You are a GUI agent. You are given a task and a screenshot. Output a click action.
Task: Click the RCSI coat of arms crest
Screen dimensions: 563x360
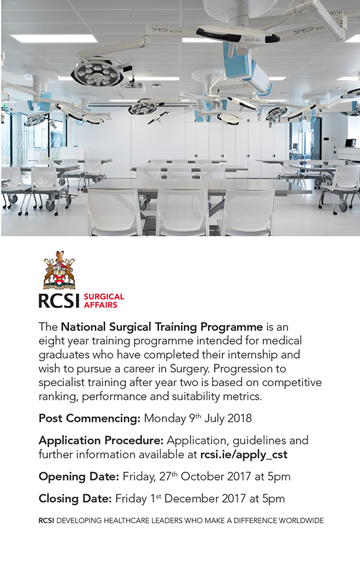click(59, 271)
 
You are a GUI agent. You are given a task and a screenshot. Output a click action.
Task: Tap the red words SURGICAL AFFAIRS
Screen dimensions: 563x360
click(104, 300)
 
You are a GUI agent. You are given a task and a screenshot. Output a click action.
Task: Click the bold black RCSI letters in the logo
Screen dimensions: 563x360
click(58, 300)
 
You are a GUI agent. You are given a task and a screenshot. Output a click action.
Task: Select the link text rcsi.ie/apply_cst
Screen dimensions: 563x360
click(244, 454)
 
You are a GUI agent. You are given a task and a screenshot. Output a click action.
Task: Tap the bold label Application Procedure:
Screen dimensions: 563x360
click(101, 440)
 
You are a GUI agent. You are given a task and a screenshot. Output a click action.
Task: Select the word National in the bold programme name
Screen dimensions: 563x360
click(83, 327)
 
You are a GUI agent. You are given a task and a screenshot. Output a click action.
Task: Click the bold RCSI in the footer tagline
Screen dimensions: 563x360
click(46, 520)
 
